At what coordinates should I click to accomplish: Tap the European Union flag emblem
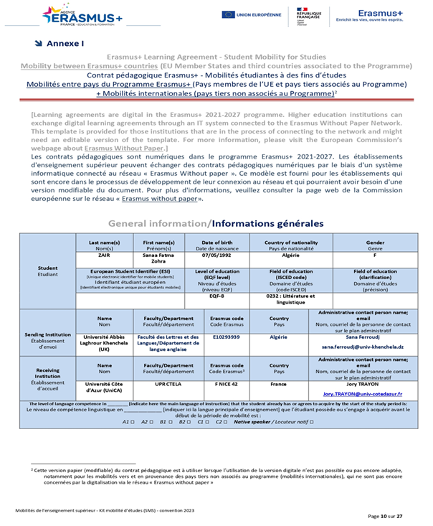tap(229, 14)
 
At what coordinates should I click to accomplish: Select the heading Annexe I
tap(65, 43)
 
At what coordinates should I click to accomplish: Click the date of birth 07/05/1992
tap(214, 255)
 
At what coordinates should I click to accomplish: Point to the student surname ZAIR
tap(105, 255)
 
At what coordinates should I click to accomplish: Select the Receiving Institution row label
tap(47, 377)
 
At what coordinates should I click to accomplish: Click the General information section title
tap(216, 223)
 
